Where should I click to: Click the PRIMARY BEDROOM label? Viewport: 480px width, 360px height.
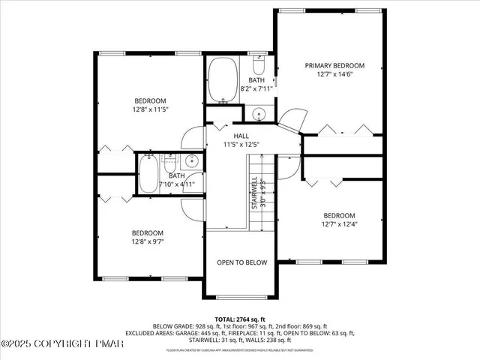[334, 65]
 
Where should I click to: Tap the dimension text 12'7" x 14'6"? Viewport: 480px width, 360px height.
[334, 74]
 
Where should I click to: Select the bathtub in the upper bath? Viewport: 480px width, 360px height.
[221, 81]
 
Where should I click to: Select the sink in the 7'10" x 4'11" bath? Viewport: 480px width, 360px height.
[191, 160]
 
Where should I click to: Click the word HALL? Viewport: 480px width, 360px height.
[241, 136]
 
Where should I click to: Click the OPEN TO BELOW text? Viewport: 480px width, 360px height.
[241, 262]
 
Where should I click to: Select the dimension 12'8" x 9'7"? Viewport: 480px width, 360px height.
[148, 241]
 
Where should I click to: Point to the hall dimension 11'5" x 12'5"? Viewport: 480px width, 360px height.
[241, 145]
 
